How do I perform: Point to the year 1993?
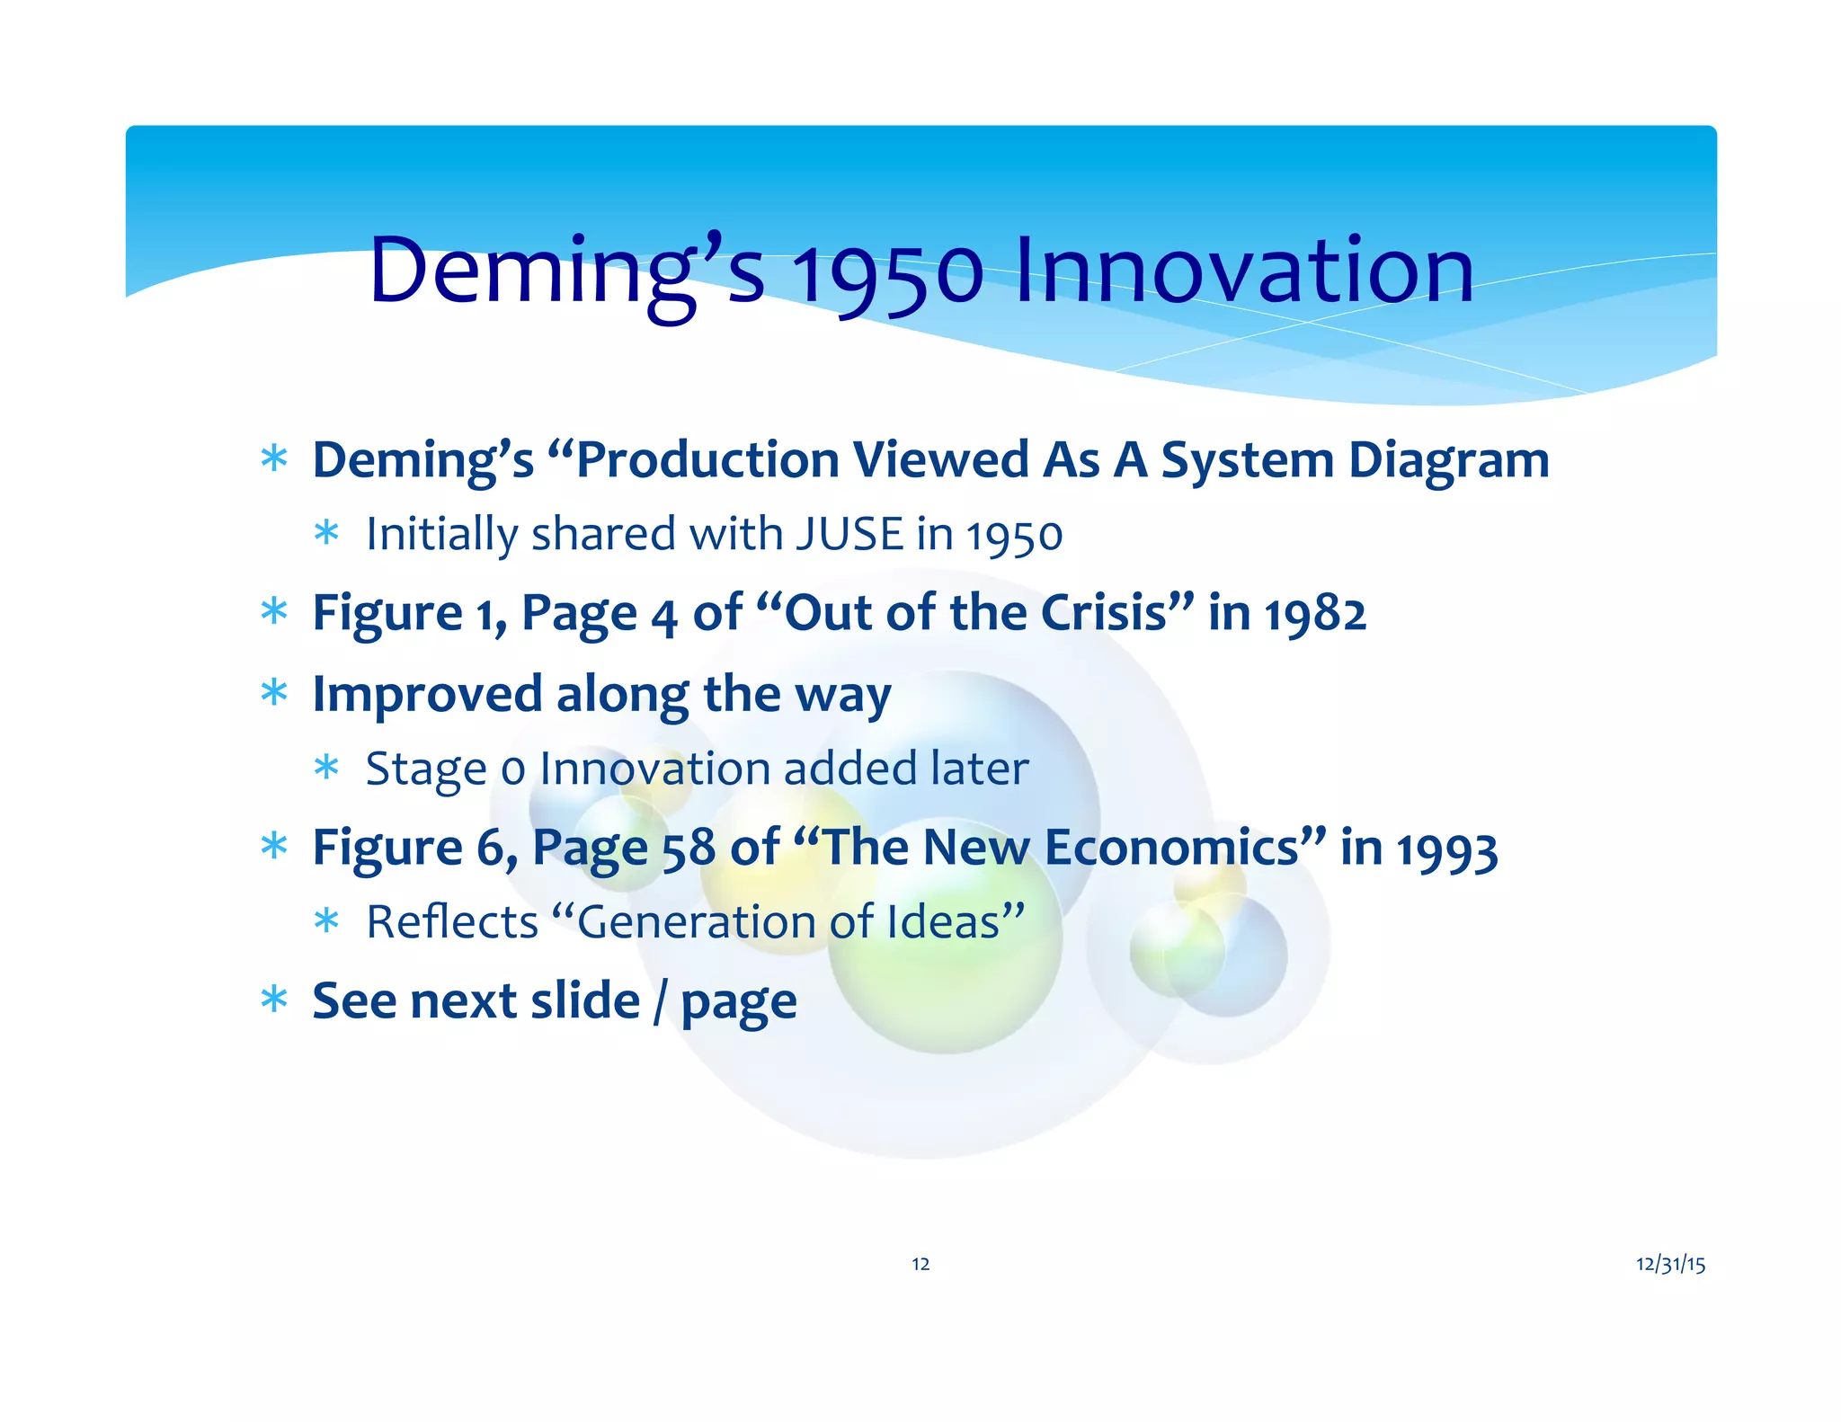coord(1447,849)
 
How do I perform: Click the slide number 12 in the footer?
coord(920,1264)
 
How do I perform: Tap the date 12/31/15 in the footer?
coord(1670,1264)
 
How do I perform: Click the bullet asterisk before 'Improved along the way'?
coord(273,692)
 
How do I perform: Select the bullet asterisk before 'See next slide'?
coord(273,999)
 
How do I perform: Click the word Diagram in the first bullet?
coord(1449,461)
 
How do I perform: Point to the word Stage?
coord(426,770)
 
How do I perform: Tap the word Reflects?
coord(452,922)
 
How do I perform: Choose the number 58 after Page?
coord(689,849)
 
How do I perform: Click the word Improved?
coord(427,696)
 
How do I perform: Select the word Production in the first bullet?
coord(707,460)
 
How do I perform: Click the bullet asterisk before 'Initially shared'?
coord(326,533)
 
